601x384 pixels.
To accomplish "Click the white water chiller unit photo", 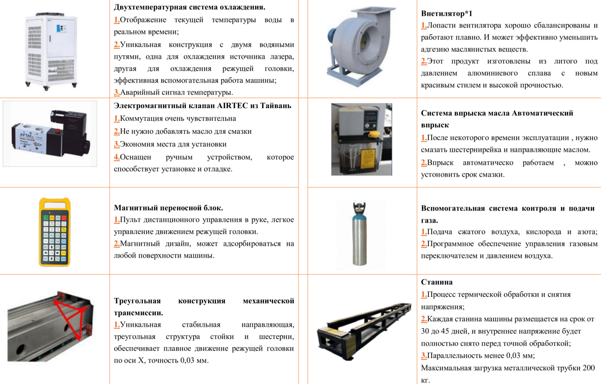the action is pos(51,51).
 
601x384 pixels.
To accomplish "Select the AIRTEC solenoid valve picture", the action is pos(50,134).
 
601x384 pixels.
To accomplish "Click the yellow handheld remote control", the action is pos(55,232).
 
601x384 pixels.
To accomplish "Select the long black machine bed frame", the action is pos(364,331).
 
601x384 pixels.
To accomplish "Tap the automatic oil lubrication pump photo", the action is pos(362,139).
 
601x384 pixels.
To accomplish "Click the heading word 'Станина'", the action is pos(437,282).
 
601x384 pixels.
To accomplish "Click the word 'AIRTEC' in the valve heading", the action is pos(233,106).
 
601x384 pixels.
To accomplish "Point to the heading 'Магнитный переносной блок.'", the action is pos(168,208).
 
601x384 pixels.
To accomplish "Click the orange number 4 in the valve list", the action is pos(117,157).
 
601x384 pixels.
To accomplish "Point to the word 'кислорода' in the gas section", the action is pos(543,232).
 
